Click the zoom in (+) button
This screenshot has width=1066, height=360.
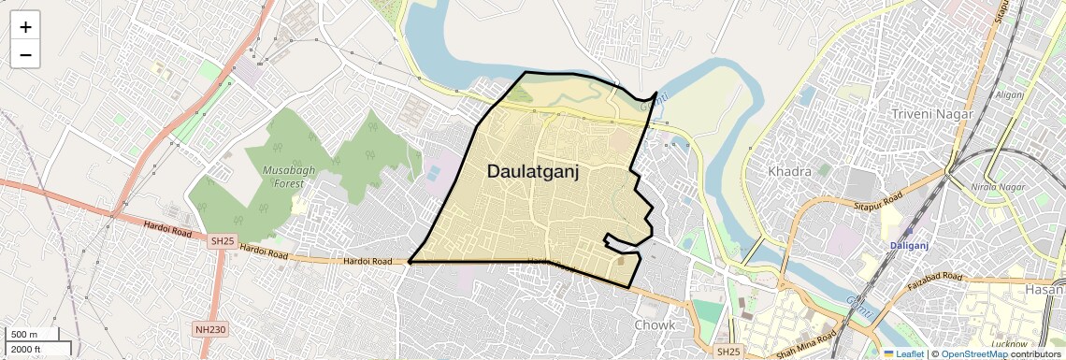pyautogui.click(x=25, y=27)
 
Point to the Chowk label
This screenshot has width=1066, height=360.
pyautogui.click(x=655, y=325)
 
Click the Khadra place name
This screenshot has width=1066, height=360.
pyautogui.click(x=789, y=172)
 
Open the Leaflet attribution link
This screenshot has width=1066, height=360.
pyautogui.click(x=907, y=354)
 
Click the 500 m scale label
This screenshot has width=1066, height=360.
pyautogui.click(x=23, y=335)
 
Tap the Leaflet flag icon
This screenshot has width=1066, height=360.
pyautogui.click(x=888, y=354)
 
